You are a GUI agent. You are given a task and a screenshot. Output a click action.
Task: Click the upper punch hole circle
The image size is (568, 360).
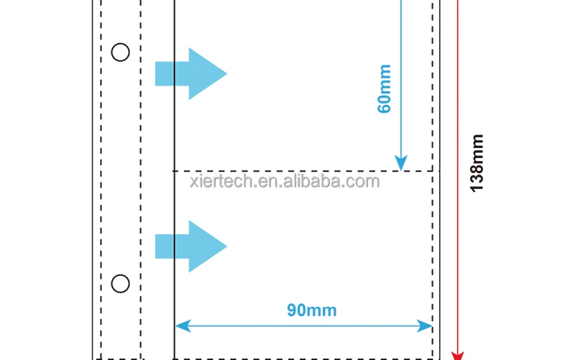[x=120, y=52]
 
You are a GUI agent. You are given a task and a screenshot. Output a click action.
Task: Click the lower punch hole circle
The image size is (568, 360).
[x=120, y=284]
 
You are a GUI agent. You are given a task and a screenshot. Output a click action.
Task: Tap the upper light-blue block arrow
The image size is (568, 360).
[x=191, y=73]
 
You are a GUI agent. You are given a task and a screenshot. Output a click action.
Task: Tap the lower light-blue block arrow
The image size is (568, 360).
[x=191, y=246]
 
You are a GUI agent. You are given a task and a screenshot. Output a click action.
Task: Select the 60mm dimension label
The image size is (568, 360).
[x=385, y=89]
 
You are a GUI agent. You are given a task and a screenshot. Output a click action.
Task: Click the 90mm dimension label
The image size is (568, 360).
[x=311, y=310]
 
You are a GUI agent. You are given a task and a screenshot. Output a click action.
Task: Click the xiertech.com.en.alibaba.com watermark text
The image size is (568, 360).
[x=284, y=181]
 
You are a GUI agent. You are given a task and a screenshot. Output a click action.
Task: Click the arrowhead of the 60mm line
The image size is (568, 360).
[x=401, y=163]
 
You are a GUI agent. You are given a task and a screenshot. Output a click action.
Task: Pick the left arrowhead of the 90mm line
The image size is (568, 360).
[x=181, y=326]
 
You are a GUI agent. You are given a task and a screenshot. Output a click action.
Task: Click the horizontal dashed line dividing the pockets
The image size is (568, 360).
[x=302, y=171]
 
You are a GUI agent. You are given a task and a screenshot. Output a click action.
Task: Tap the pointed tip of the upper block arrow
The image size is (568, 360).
[x=225, y=73]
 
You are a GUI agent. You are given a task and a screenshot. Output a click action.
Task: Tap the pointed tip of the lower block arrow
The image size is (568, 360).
[x=225, y=246]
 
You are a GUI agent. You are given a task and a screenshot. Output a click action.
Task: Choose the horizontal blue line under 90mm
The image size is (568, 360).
[x=302, y=326]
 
